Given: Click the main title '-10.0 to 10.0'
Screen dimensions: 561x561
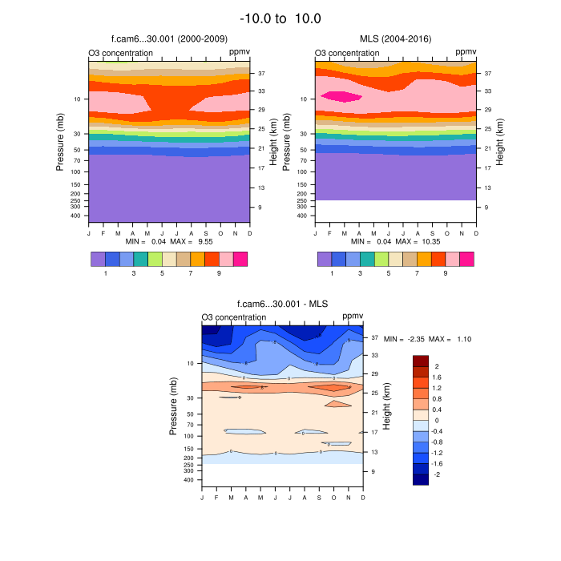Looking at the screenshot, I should click(280, 18).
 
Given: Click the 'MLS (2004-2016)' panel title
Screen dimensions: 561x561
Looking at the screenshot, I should click(395, 38).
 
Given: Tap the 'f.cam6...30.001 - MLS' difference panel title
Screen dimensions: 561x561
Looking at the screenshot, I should click(283, 304).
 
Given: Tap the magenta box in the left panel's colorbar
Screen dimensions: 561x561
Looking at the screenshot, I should click(240, 259).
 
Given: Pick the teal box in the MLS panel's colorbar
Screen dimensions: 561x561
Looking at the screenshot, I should click(367, 259).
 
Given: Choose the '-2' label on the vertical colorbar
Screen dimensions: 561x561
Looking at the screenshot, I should click(438, 474).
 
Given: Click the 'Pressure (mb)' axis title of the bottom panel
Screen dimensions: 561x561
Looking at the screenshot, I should click(172, 406).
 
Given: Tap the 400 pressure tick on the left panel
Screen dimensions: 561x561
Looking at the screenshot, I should click(76, 216).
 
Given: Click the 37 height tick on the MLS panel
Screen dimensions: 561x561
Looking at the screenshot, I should click(487, 73).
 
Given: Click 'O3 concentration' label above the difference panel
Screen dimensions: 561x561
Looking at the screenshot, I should click(234, 317).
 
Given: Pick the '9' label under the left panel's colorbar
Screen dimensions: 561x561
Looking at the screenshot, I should click(219, 273).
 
